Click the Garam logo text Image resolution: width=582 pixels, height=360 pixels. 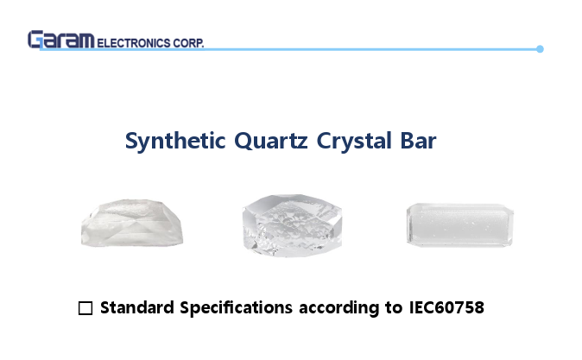[61, 40]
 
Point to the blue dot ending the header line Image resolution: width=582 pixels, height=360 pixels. [540, 49]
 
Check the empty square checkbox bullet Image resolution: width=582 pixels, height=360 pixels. [85, 308]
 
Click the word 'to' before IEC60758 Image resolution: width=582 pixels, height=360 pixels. [394, 307]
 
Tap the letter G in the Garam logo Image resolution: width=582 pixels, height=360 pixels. [35, 40]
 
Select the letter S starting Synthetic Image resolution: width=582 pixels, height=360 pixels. [132, 142]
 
